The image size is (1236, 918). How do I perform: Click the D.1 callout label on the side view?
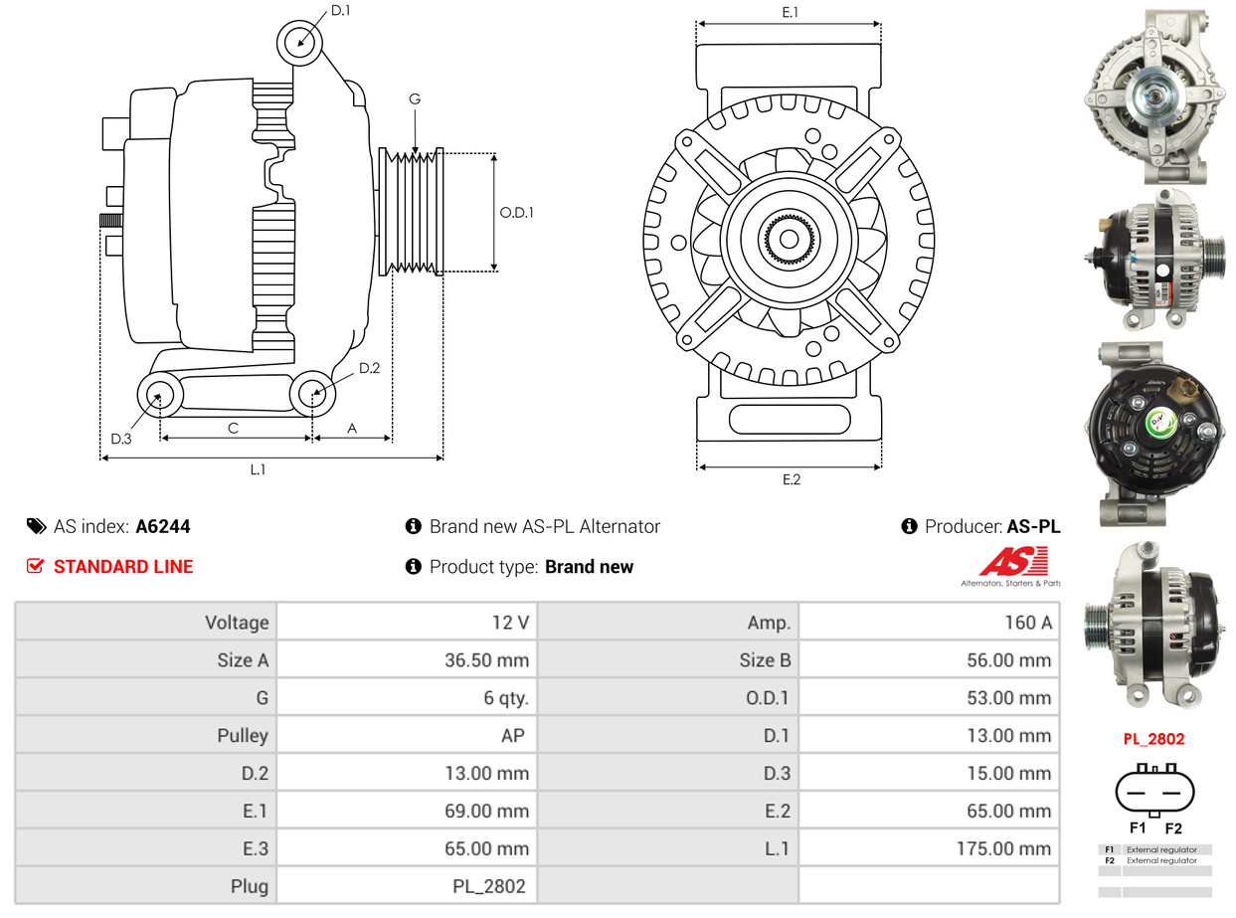click(x=340, y=11)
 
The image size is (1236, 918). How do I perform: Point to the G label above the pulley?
click(x=415, y=99)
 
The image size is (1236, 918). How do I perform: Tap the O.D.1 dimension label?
click(x=516, y=212)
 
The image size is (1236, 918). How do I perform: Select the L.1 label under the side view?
click(x=258, y=469)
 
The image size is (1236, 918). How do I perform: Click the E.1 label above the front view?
click(x=791, y=12)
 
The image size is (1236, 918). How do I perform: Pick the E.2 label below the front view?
click(x=791, y=479)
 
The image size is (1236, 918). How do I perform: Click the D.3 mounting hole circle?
click(x=158, y=397)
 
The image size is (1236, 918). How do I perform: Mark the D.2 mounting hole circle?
click(x=312, y=394)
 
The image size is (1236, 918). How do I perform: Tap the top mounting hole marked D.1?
click(x=300, y=42)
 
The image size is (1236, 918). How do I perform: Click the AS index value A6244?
click(x=162, y=526)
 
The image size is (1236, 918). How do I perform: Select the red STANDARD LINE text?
click(x=123, y=567)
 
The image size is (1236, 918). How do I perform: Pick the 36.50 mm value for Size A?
click(x=486, y=660)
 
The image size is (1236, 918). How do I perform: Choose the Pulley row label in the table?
click(x=243, y=736)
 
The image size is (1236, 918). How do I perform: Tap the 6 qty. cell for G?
click(x=506, y=698)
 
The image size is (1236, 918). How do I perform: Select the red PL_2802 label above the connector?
click(x=1153, y=739)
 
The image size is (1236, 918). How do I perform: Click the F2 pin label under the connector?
click(x=1173, y=827)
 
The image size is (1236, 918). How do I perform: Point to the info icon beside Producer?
click(x=909, y=526)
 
